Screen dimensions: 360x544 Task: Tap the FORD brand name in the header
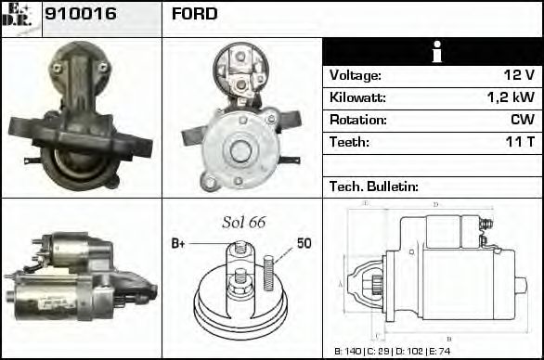(x=195, y=14)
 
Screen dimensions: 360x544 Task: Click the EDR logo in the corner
(x=20, y=17)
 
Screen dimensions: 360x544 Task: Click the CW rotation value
(x=522, y=120)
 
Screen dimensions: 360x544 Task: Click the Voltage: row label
(x=355, y=75)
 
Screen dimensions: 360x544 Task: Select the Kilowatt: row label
(x=357, y=97)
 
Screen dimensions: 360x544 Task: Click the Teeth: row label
(x=349, y=142)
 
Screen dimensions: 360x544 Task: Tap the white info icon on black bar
(x=432, y=52)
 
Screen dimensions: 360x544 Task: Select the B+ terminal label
(x=179, y=243)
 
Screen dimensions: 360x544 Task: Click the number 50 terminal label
(x=304, y=243)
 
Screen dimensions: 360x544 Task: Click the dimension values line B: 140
(x=350, y=352)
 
